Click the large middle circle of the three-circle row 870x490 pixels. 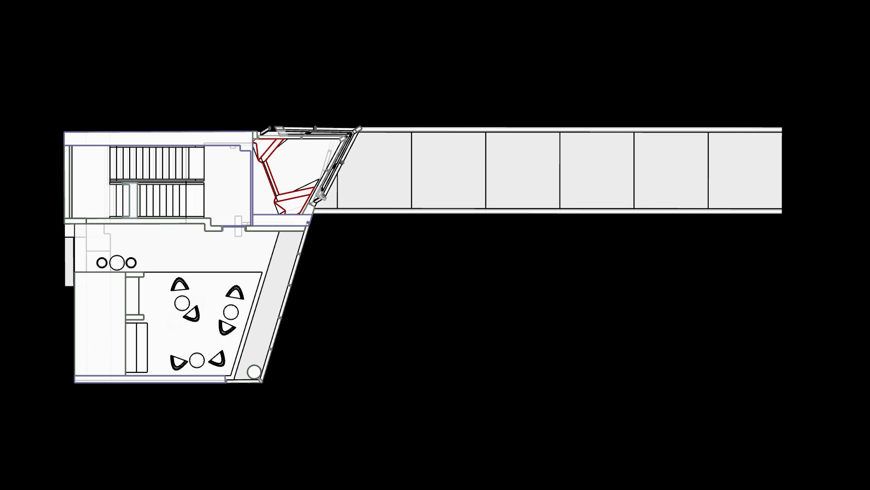point(117,262)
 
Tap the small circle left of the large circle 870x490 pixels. point(102,262)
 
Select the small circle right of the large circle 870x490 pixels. point(131,262)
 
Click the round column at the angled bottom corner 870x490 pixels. point(254,372)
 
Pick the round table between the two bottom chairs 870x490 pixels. point(197,360)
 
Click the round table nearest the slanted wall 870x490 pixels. point(231,312)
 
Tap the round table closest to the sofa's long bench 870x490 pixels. point(182,303)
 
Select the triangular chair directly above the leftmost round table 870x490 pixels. point(180,284)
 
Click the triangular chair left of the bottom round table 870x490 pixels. point(178,362)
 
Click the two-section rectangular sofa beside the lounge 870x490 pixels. point(136,347)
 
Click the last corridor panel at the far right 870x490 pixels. point(745,170)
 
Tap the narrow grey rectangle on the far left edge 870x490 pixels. point(69,262)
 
